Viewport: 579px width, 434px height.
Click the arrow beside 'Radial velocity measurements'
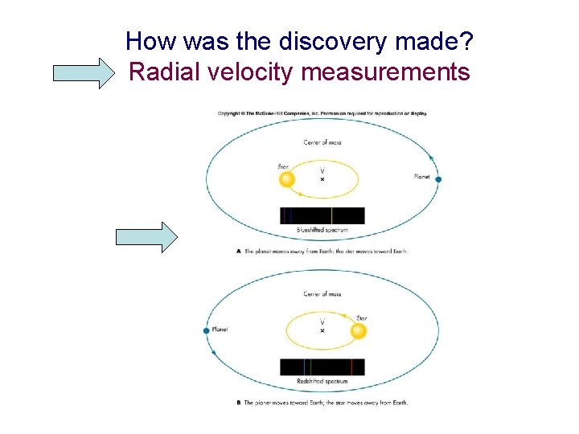point(84,72)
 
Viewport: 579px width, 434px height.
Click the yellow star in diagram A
point(287,179)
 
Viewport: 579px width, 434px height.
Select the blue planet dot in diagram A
point(438,179)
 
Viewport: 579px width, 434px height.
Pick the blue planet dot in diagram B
point(207,330)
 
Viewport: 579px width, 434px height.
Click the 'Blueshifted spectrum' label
point(322,230)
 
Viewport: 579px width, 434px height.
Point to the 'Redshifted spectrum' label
point(322,381)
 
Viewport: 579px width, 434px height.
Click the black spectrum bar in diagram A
point(322,215)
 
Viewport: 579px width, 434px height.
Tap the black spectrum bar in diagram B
point(322,366)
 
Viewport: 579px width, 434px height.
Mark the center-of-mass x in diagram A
point(322,179)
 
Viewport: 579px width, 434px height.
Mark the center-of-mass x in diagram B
point(322,330)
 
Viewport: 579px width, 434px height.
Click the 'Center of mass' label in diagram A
point(322,143)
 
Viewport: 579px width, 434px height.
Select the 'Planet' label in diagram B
point(220,330)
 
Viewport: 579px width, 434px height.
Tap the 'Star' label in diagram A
point(283,166)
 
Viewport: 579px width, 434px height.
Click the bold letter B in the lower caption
point(238,402)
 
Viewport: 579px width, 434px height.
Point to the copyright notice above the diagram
point(322,113)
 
